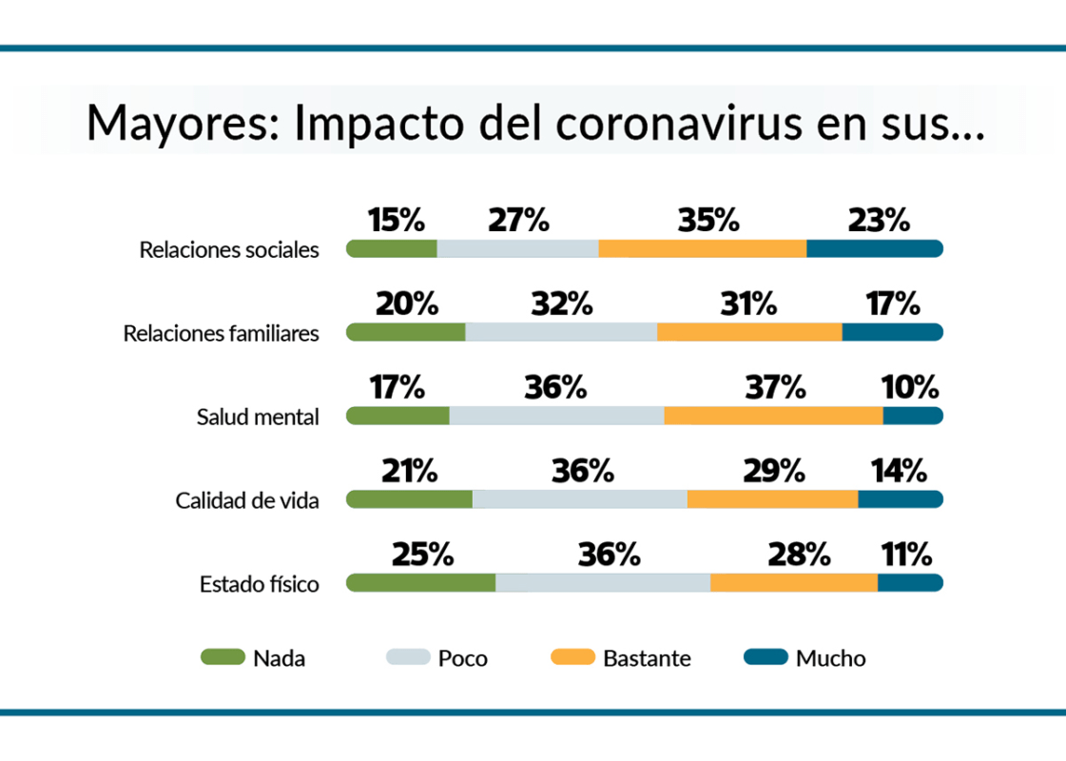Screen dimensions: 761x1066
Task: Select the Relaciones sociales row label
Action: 229,250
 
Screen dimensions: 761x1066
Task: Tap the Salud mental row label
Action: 258,417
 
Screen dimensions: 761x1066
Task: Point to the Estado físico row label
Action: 259,584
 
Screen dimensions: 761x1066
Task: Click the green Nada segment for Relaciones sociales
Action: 392,249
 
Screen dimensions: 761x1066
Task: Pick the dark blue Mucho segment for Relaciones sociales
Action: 874,249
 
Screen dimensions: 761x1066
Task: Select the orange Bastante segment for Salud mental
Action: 773,416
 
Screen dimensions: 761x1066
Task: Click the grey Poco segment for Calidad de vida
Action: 579,499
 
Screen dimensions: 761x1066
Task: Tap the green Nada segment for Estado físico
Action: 420,583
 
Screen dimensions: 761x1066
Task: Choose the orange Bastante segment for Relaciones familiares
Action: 749,332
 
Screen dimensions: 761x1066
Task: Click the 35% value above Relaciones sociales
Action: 708,221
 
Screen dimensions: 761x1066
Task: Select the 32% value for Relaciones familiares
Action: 561,304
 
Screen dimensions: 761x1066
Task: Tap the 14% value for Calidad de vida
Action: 898,471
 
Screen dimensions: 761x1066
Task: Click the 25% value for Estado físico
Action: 422,555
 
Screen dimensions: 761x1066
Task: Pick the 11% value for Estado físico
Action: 905,555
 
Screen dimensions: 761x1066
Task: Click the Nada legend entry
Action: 279,657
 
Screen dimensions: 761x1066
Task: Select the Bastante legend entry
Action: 647,657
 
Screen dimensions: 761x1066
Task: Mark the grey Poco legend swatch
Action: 408,656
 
